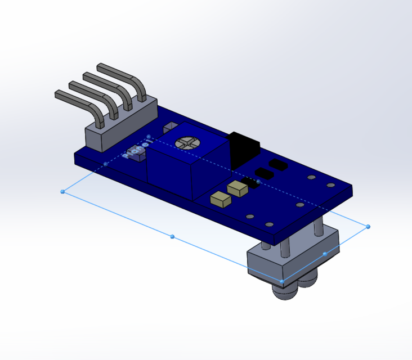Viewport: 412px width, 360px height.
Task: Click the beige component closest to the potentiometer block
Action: point(220,199)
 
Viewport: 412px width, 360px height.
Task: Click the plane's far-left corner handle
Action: point(62,192)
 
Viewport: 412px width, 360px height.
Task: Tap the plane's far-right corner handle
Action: point(368,227)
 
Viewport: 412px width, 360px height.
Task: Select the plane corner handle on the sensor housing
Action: point(282,281)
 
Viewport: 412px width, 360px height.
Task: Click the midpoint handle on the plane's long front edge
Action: point(172,236)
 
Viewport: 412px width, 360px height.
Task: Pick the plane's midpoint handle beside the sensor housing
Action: point(325,254)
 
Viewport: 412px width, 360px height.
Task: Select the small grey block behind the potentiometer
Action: point(169,128)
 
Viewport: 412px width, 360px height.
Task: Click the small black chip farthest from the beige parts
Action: point(278,164)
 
